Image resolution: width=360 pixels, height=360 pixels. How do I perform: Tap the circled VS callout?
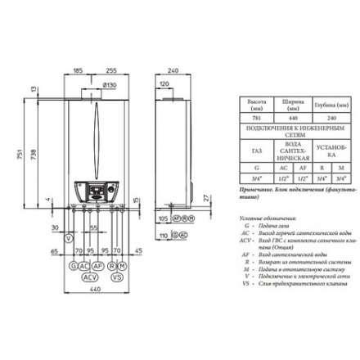click(x=116, y=278)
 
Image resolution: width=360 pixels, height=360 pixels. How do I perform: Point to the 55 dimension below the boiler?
click(x=94, y=227)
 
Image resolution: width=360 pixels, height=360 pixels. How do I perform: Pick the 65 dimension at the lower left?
click(x=54, y=251)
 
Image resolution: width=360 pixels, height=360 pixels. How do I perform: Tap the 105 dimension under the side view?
click(x=163, y=219)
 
